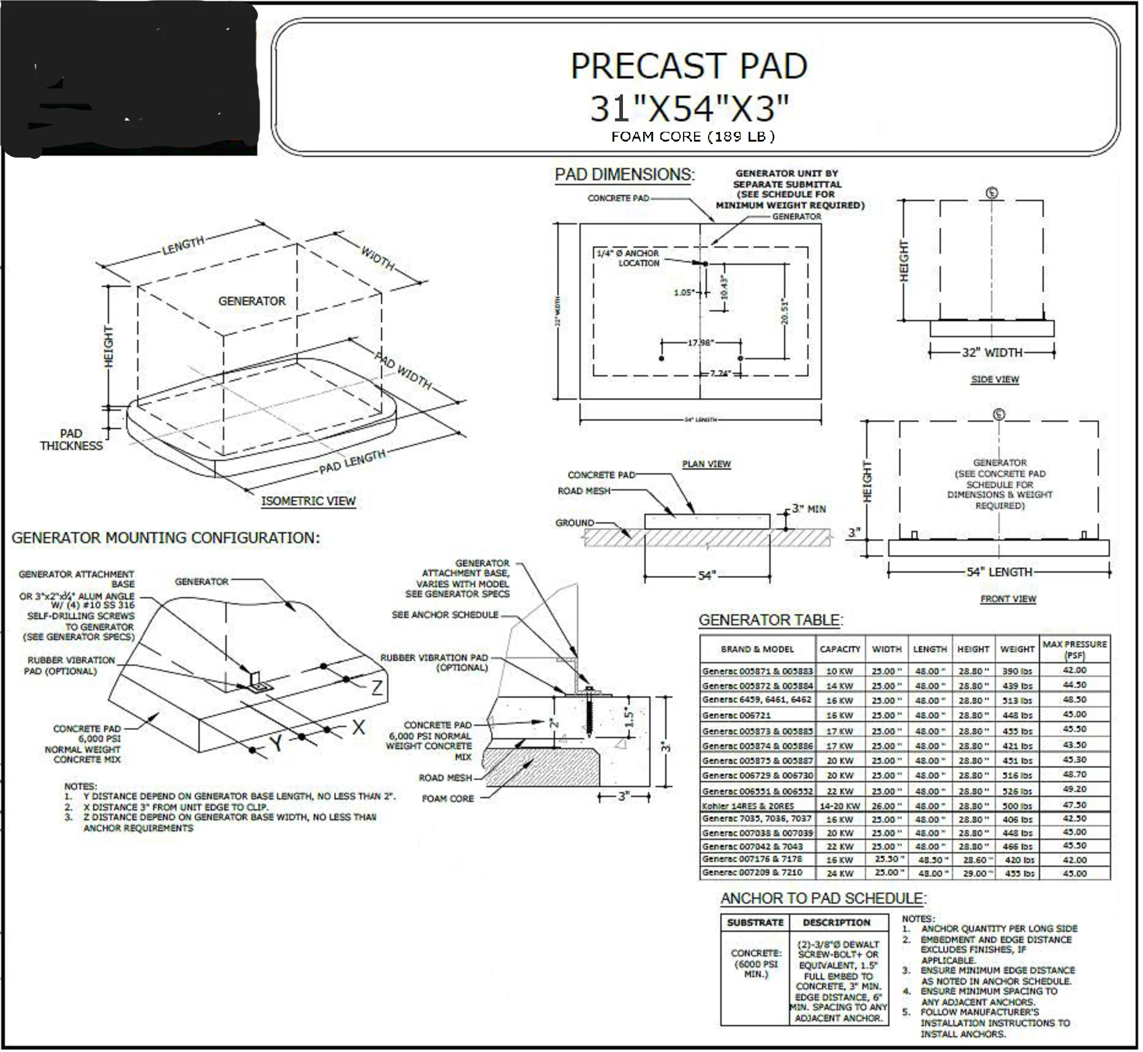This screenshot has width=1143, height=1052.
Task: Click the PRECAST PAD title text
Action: coord(688,66)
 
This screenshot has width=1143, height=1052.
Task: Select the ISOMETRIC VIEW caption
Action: coord(308,501)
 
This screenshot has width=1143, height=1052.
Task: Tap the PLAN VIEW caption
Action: coord(706,463)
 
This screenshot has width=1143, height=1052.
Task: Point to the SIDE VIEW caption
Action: coord(995,379)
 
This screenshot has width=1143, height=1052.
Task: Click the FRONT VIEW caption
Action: coord(1008,598)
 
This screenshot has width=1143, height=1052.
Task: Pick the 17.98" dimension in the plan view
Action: coord(700,342)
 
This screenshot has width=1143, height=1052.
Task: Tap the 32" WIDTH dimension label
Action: coord(992,353)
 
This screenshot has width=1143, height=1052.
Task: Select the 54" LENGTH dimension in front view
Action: coord(999,572)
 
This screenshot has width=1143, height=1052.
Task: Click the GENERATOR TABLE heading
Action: coord(771,620)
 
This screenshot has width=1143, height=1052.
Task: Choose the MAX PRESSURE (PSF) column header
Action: coord(1074,649)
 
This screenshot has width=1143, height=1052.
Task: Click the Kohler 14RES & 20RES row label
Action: coord(748,806)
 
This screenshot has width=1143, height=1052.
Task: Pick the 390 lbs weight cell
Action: coord(1017,671)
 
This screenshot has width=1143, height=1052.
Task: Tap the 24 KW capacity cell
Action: coord(840,873)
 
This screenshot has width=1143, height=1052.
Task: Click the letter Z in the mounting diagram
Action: coord(377,687)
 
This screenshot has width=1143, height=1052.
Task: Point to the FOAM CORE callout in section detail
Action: coord(448,798)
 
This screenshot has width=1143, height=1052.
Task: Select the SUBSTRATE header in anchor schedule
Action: coord(755,922)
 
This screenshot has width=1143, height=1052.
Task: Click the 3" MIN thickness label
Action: coord(809,509)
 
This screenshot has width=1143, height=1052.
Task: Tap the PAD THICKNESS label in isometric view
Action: coord(71,440)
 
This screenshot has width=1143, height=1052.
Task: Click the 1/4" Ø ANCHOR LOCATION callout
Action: coord(628,257)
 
